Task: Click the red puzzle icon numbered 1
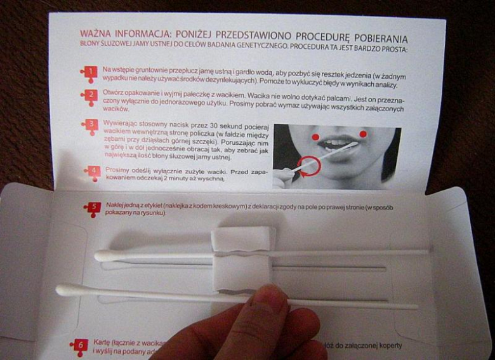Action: (x=89, y=72)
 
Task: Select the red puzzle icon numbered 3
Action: (x=90, y=125)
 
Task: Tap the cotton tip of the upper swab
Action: (x=104, y=256)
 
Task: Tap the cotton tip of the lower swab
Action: (x=66, y=290)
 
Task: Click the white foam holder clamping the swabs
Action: (x=243, y=260)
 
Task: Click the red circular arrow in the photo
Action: (x=308, y=166)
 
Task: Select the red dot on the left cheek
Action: (x=315, y=137)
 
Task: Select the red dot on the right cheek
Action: (x=363, y=134)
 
